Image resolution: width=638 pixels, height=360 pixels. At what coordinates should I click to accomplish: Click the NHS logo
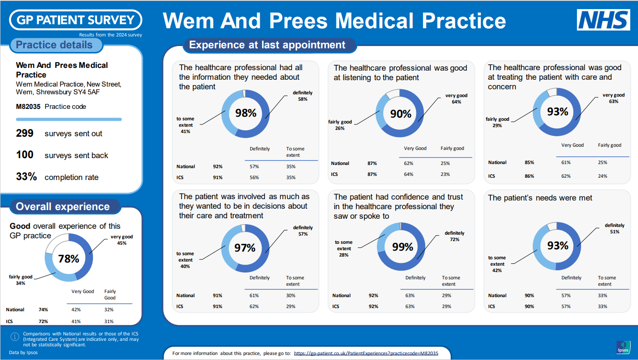(603, 20)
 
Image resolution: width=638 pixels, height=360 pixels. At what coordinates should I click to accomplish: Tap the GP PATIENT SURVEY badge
(76, 20)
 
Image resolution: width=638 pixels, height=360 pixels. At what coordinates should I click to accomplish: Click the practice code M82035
(28, 107)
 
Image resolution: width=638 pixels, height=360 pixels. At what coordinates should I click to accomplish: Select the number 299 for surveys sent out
(25, 133)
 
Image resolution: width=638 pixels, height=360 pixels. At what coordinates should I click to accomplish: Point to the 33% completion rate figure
(26, 177)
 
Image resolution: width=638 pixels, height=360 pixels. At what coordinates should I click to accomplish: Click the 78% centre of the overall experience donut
(69, 259)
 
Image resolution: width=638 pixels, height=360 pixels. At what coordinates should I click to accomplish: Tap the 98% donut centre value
(246, 113)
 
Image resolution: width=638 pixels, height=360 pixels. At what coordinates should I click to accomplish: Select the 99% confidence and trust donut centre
(402, 247)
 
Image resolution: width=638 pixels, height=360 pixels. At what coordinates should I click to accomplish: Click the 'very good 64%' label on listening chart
(456, 99)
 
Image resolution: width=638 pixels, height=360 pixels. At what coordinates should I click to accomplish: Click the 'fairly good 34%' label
(21, 280)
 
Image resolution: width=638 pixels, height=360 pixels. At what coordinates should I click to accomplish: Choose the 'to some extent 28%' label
(344, 248)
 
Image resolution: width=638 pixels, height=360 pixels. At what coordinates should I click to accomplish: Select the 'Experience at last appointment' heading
(267, 45)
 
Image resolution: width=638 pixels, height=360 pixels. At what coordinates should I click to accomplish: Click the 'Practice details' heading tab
(54, 45)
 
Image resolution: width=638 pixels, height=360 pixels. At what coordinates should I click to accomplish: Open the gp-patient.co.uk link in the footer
(366, 353)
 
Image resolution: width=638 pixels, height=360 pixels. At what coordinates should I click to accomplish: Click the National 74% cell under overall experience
(43, 309)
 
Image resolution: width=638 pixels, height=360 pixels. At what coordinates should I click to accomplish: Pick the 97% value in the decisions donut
(245, 248)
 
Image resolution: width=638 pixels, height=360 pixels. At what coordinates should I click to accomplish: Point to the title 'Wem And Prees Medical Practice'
(334, 21)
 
